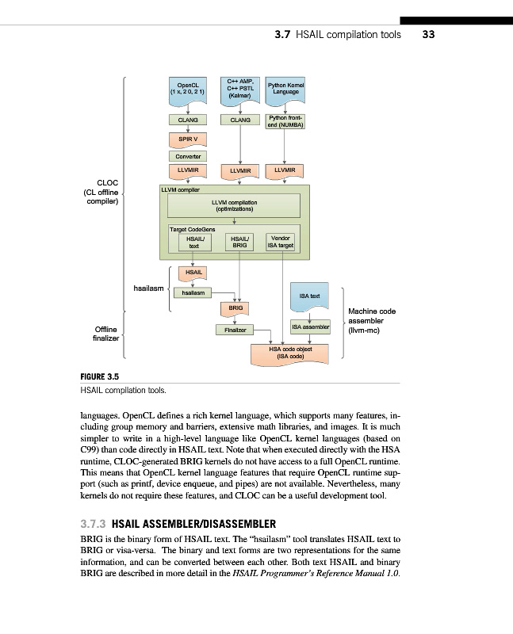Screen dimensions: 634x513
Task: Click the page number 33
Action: pyautogui.click(x=430, y=34)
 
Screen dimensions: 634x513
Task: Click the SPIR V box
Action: pyautogui.click(x=188, y=138)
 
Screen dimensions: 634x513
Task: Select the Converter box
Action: pyautogui.click(x=188, y=155)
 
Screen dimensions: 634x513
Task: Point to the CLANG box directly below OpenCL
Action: pyautogui.click(x=188, y=120)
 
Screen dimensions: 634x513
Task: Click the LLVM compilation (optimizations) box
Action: pyautogui.click(x=234, y=207)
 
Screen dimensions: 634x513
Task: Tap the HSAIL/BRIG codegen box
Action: pyautogui.click(x=239, y=243)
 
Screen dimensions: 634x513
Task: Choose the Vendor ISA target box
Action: pyautogui.click(x=281, y=243)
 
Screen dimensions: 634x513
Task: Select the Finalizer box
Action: pyautogui.click(x=234, y=329)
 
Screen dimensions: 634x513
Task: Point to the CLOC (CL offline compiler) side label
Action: pyautogui.click(x=100, y=192)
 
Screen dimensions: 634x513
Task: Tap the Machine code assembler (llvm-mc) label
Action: pyautogui.click(x=372, y=321)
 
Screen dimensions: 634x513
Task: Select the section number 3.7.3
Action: pyautogui.click(x=94, y=525)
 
